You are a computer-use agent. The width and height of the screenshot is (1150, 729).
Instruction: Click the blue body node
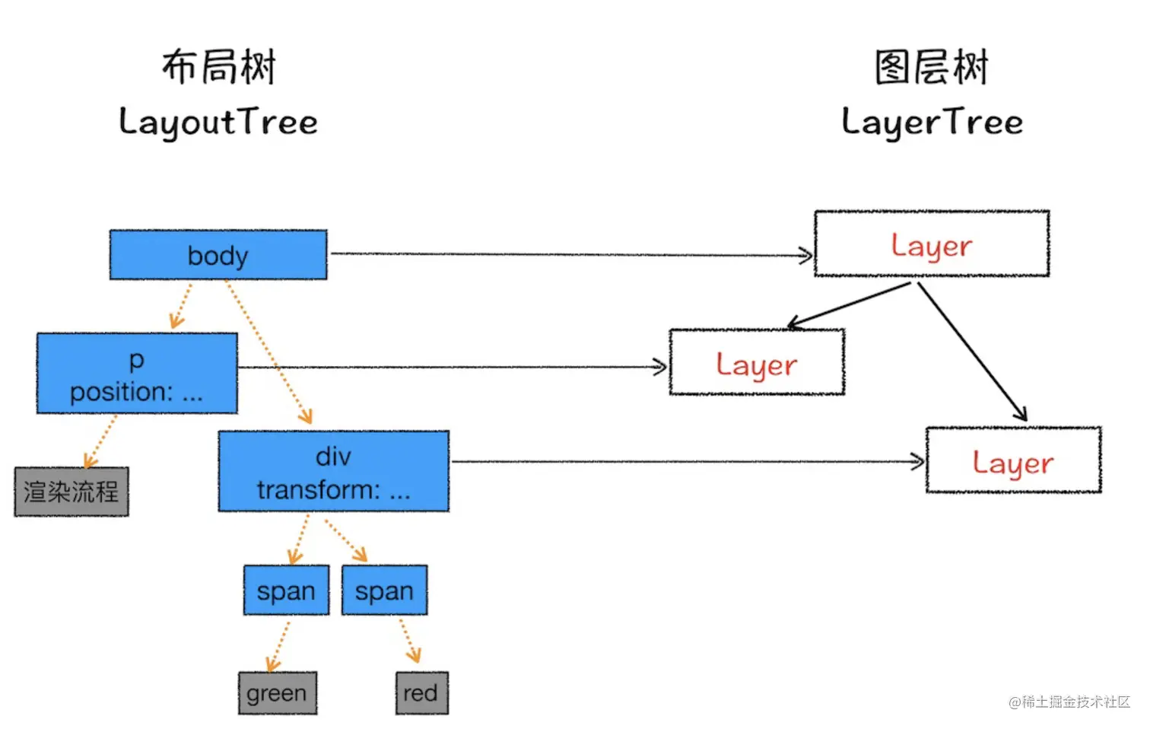pos(218,255)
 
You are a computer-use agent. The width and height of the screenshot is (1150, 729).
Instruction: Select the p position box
pos(137,374)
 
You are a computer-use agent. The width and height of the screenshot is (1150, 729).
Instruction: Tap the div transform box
pos(333,472)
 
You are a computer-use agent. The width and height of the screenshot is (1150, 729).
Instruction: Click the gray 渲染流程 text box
pos(71,492)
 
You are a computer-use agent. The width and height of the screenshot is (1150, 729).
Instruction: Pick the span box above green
pos(286,591)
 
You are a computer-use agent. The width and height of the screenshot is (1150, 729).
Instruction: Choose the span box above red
pos(384,591)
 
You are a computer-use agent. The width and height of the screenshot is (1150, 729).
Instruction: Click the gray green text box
pos(277,693)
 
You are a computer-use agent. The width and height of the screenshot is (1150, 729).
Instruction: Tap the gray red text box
pos(421,693)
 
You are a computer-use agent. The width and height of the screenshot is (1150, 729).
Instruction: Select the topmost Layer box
pos(932,244)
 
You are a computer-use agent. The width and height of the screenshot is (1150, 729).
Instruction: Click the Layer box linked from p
pos(757,363)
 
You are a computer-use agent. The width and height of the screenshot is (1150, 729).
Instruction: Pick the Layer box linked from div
pos(1013,460)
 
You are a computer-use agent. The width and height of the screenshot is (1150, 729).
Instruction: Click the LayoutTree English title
pos(218,123)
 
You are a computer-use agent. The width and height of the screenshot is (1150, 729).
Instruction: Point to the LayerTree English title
pos(932,123)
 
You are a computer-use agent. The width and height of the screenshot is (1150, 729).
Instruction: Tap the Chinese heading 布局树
pos(218,67)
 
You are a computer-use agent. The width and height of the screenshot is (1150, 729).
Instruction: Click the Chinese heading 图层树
pos(932,67)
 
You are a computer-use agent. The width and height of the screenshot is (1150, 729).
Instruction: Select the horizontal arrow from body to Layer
pos(570,254)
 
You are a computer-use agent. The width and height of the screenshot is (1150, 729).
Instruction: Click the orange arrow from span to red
pos(409,641)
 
